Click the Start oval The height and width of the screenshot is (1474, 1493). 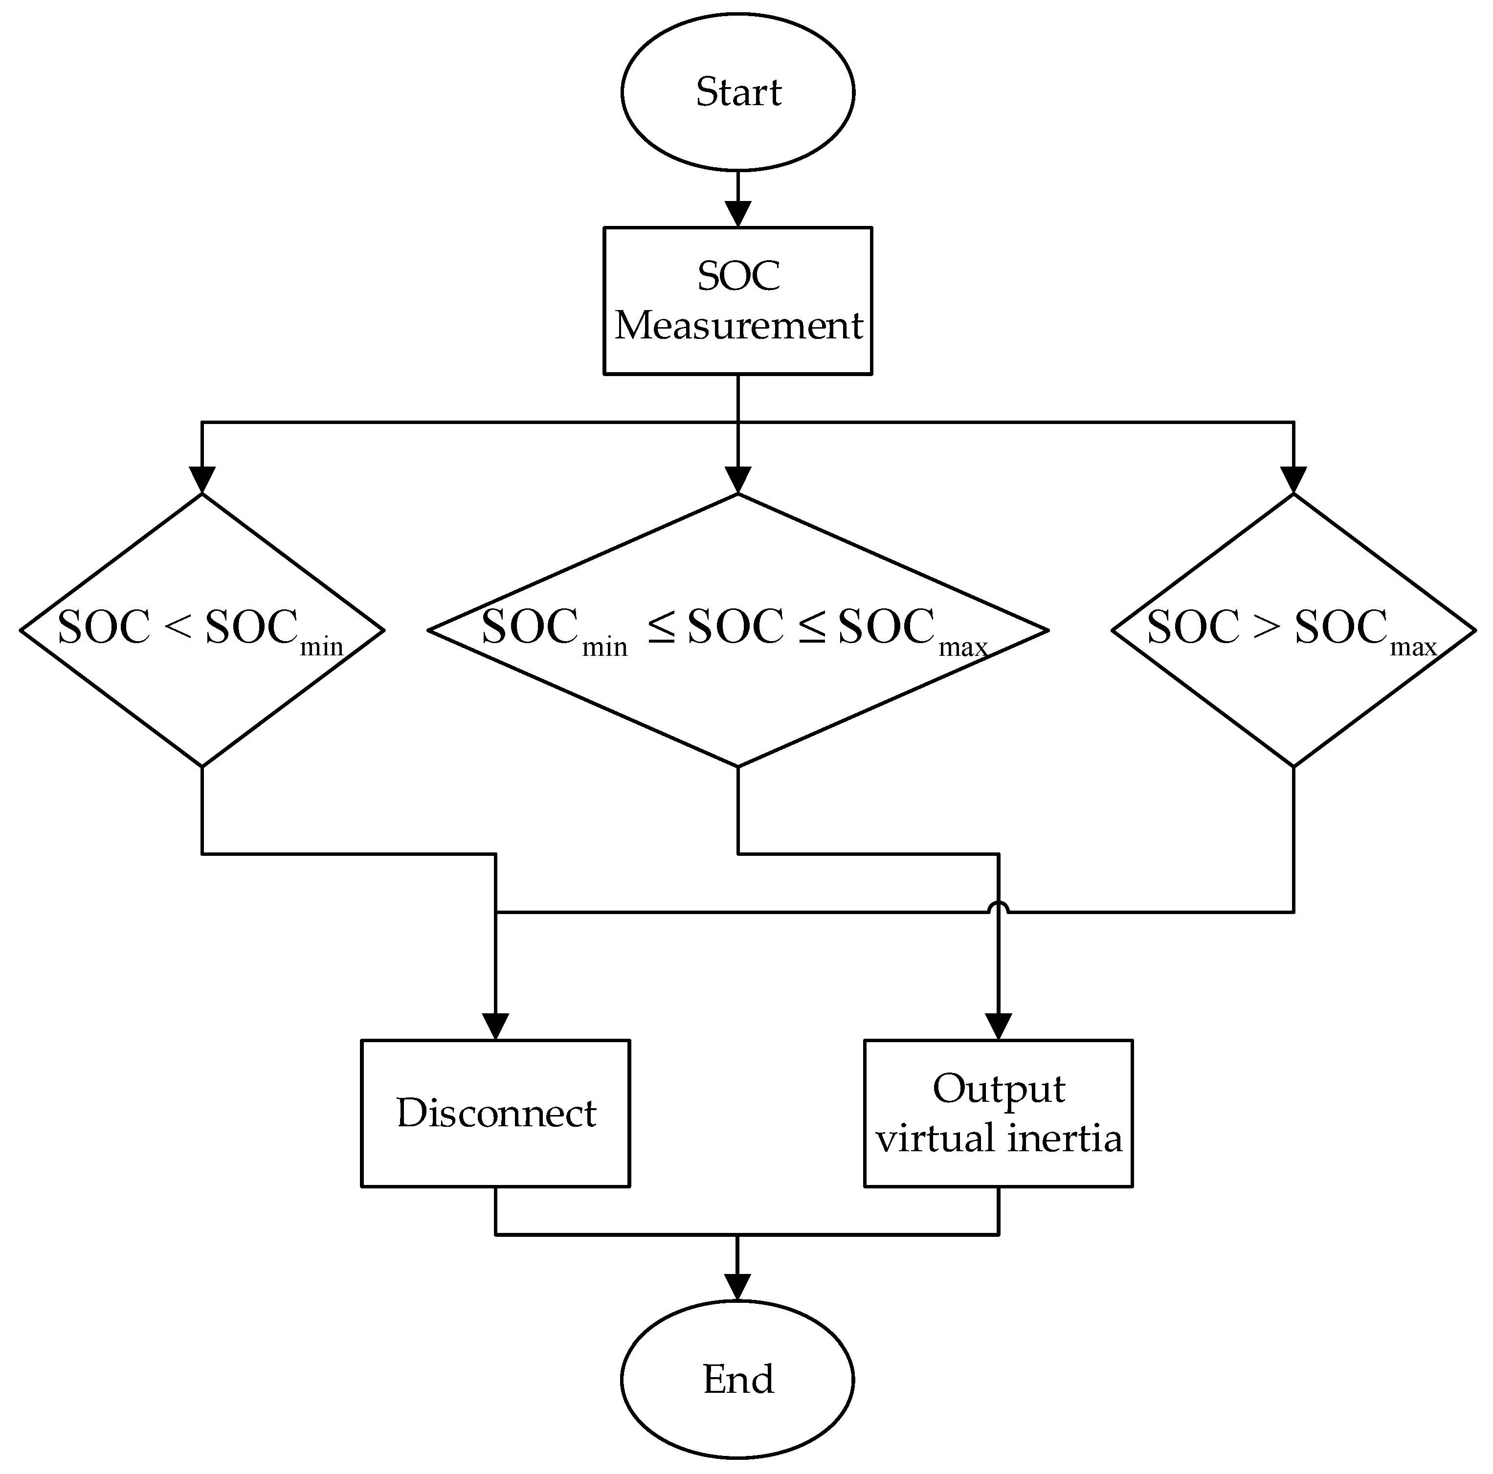737,91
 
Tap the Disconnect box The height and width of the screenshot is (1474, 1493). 495,1113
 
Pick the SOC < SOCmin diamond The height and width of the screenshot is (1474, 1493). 201,630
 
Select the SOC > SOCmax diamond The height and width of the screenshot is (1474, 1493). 1293,630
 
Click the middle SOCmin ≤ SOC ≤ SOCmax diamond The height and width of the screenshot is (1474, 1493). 737,630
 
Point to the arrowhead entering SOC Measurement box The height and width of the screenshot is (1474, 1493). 737,213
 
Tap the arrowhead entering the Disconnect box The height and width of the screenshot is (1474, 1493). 495,1026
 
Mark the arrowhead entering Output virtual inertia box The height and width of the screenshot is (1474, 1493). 999,1026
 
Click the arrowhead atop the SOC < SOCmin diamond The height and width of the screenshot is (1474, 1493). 201,479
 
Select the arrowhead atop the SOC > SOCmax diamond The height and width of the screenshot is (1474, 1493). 1293,479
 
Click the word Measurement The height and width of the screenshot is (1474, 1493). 737,325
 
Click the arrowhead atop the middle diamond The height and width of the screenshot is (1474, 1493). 737,479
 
